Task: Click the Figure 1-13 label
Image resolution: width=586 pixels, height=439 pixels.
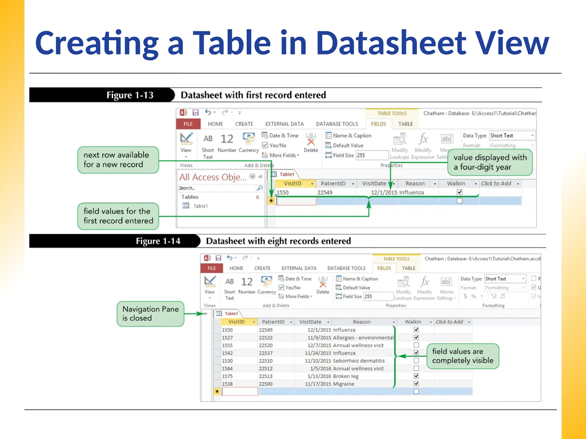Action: pos(130,95)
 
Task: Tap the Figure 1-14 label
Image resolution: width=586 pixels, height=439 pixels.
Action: pos(158,241)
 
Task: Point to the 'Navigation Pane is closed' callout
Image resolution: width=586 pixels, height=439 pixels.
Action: pos(150,314)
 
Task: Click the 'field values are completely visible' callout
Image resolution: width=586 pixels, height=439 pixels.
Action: pos(462,356)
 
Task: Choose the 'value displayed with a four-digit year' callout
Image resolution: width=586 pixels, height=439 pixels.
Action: pos(490,162)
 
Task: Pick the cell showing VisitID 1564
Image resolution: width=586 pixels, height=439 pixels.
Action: pos(227,368)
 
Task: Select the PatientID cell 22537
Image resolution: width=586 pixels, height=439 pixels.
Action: pos(266,353)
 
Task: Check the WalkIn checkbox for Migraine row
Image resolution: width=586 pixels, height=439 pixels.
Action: pos(416,384)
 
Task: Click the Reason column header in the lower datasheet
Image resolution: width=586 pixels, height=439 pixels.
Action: pos(361,322)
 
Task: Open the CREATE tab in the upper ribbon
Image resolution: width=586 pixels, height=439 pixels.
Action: pos(244,124)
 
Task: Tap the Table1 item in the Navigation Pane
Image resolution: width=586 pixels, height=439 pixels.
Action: pos(200,206)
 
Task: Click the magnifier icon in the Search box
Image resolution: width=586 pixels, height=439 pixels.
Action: pos(260,188)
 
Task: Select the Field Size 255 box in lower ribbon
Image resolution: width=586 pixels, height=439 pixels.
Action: pos(378,296)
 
